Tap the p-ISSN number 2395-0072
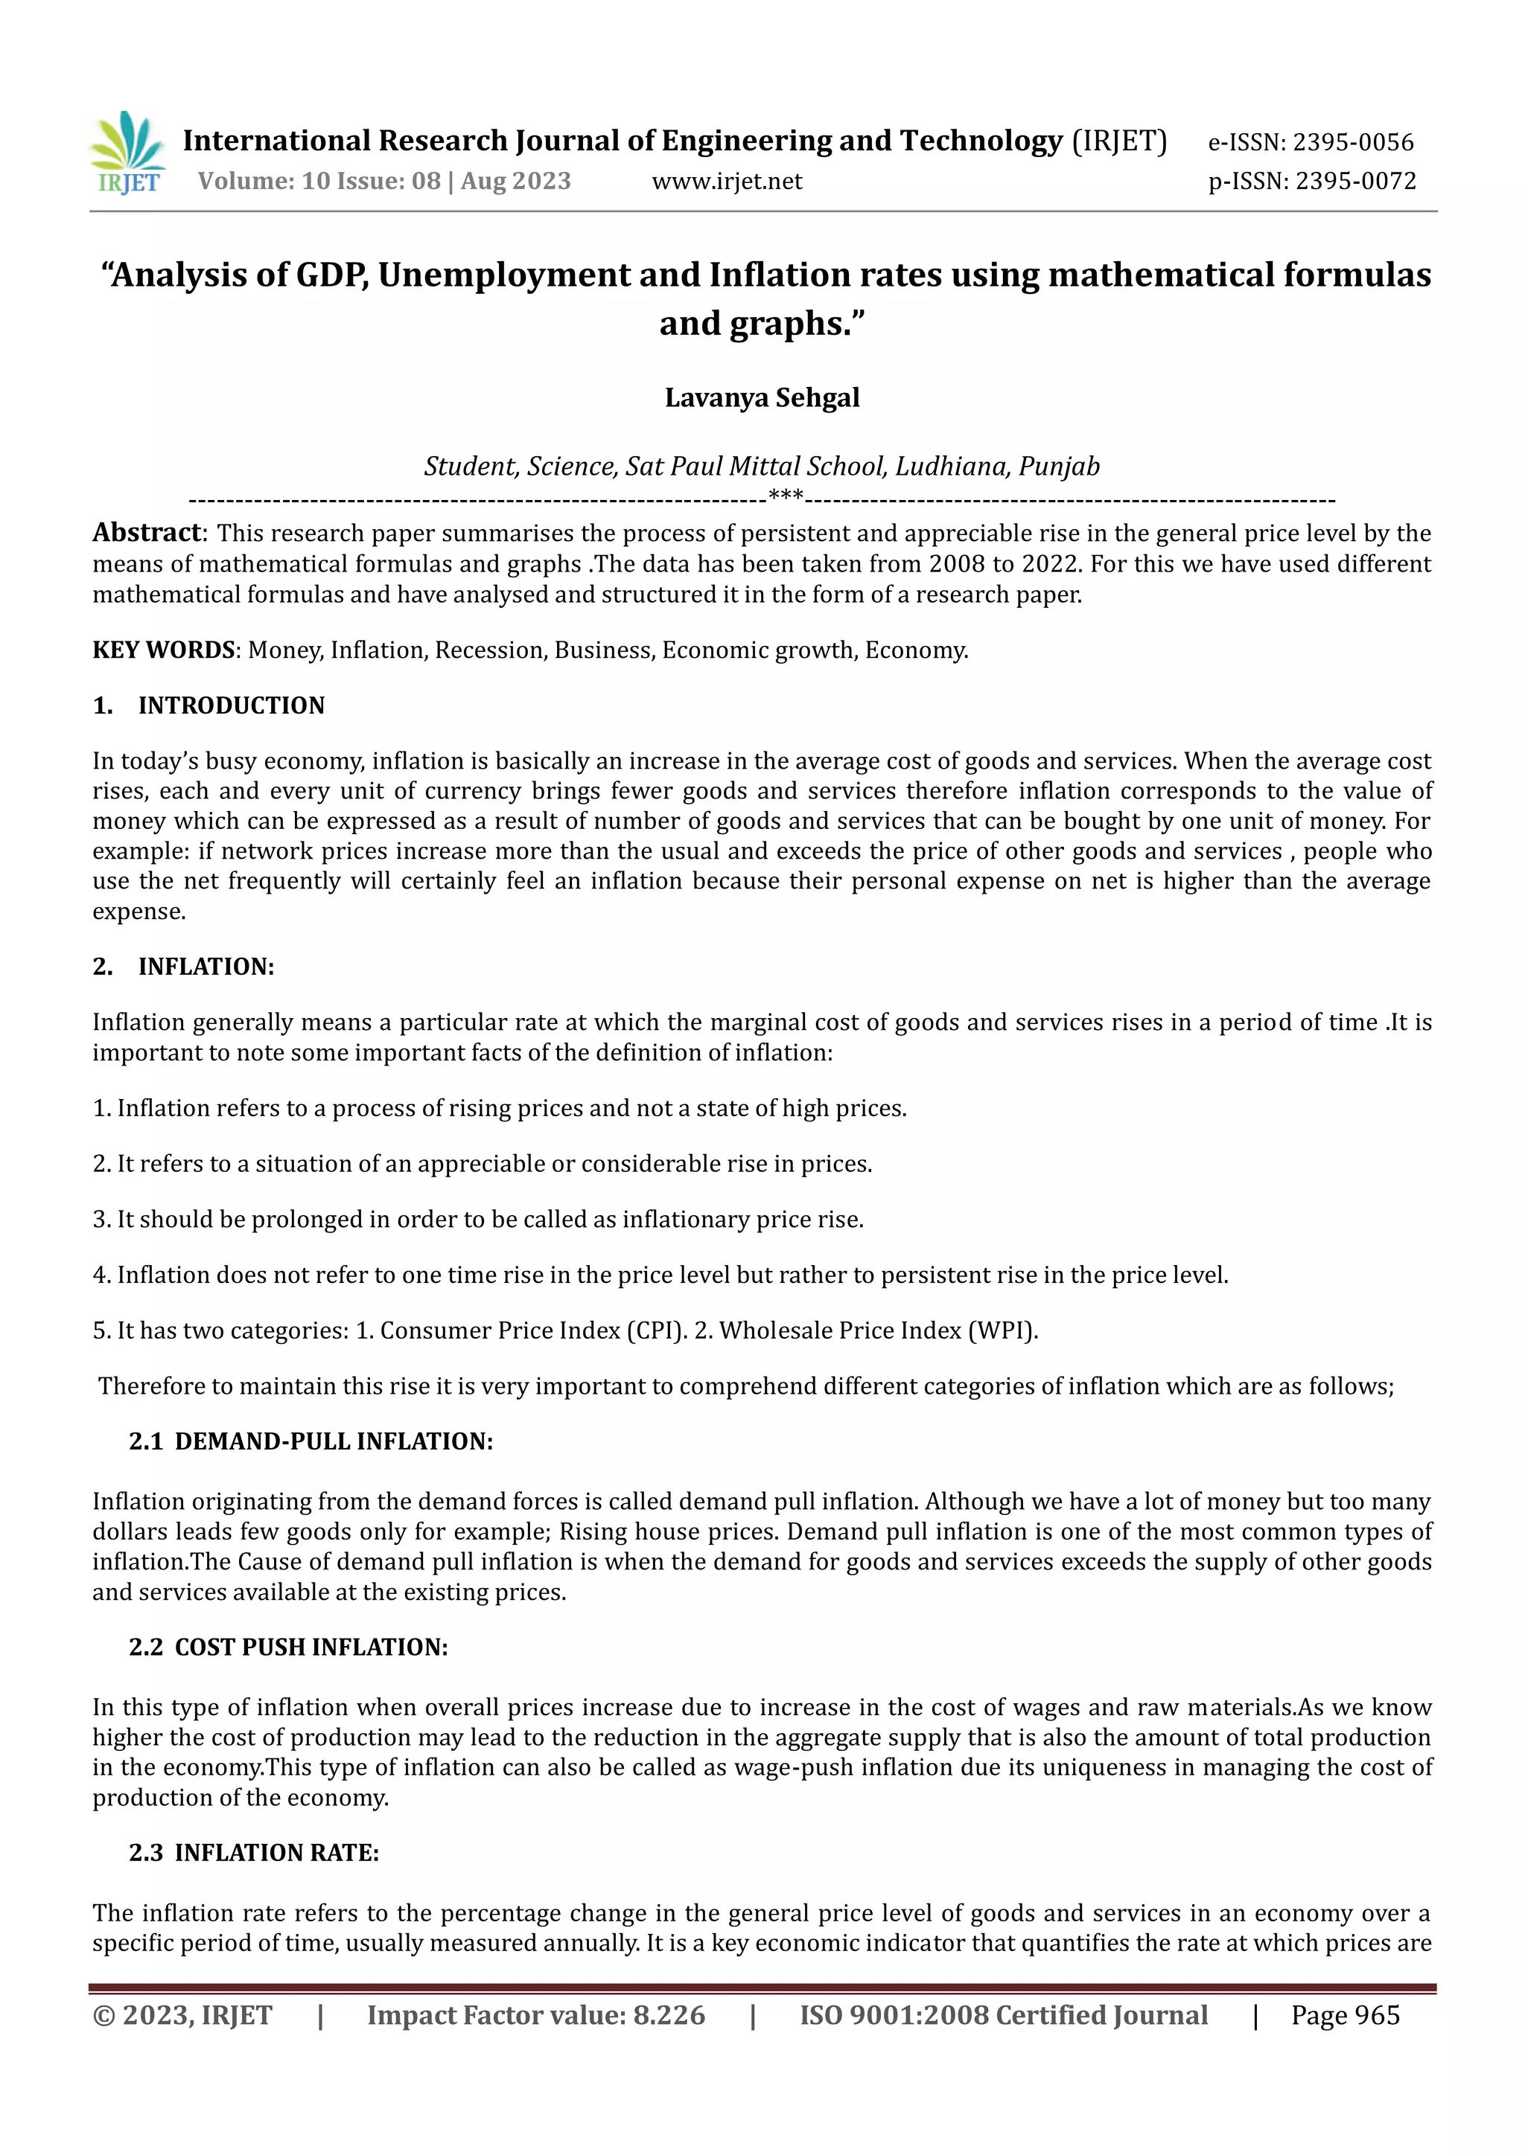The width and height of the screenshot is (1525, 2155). [x=1355, y=181]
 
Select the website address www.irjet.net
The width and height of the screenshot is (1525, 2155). [x=727, y=181]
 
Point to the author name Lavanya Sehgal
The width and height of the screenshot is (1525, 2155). [x=762, y=398]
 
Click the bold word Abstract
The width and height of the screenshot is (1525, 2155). [x=147, y=533]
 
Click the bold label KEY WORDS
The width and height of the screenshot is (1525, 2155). [x=163, y=650]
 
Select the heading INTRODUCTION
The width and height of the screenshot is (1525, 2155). [x=231, y=706]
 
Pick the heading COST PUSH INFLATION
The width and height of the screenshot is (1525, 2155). [x=311, y=1648]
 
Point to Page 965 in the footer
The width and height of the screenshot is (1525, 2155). [x=1345, y=2015]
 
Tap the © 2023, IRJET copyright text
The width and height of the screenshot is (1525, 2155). [x=182, y=2015]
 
